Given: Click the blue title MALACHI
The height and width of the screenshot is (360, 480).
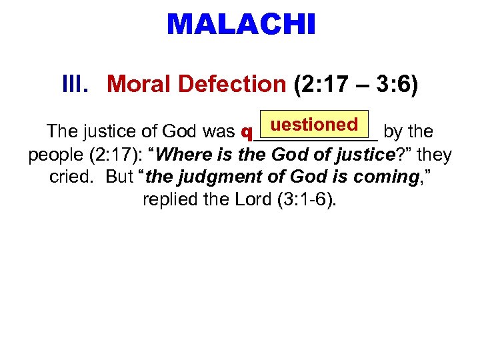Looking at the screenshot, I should [241, 25].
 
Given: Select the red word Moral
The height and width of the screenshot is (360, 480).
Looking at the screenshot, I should [139, 85].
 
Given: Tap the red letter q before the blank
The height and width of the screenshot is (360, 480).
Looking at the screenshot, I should [244, 133].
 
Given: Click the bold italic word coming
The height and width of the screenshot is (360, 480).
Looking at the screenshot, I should [380, 178].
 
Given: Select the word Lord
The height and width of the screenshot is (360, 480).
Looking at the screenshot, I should [252, 200].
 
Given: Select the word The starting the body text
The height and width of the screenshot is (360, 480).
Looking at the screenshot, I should [59, 133].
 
